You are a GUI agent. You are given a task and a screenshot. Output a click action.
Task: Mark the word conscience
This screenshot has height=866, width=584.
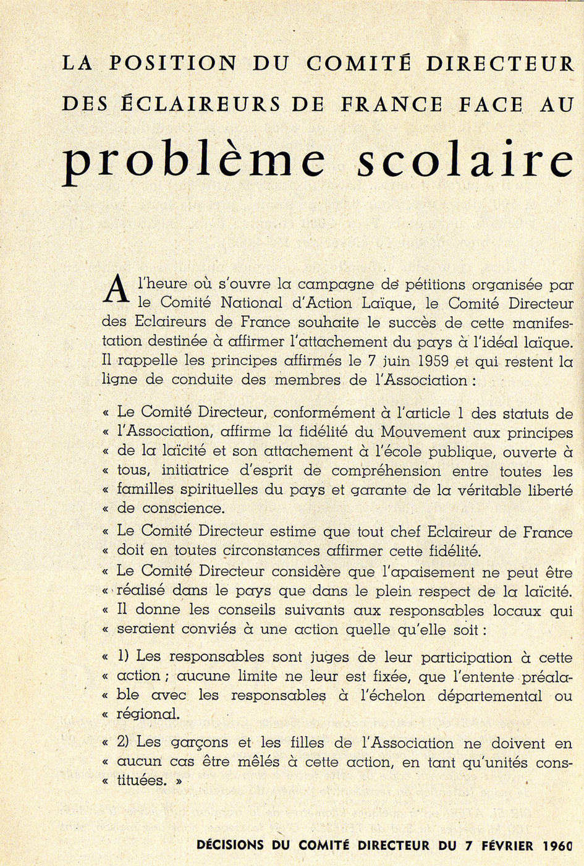pos(182,508)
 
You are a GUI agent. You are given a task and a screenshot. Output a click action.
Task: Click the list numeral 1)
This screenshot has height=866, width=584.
pos(123,656)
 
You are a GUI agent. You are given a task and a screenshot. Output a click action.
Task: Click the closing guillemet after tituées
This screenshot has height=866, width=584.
pos(179,781)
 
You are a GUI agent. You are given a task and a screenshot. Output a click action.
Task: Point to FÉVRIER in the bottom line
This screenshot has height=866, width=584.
pos(503,846)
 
